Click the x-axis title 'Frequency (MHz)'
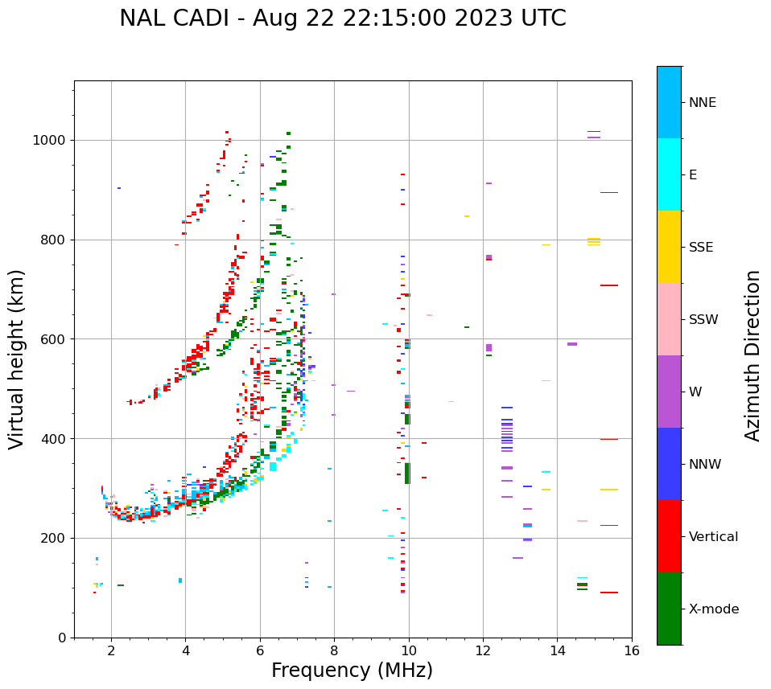[x=352, y=671]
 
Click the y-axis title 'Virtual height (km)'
[x=17, y=359]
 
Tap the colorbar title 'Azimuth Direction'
[x=752, y=355]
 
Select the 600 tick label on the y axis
[x=54, y=339]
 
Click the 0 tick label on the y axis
[x=61, y=638]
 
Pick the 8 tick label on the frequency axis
[x=334, y=650]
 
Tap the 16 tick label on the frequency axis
[x=632, y=650]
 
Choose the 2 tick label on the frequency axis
[x=111, y=650]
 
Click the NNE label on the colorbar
[x=702, y=103]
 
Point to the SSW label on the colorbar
[x=703, y=320]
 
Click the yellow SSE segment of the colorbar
[x=669, y=247]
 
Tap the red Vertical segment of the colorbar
[x=669, y=536]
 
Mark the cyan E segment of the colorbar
[x=669, y=174]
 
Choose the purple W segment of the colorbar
[x=669, y=392]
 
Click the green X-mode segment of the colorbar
[x=669, y=609]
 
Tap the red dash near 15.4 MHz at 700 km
[x=608, y=285]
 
